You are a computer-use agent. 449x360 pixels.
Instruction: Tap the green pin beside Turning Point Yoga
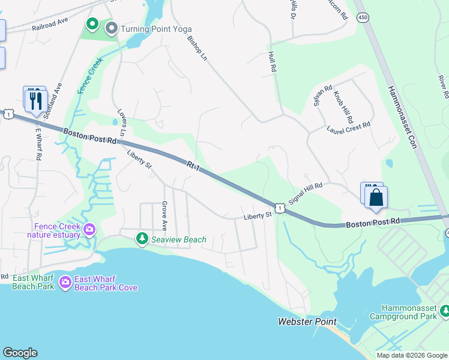point(92,24)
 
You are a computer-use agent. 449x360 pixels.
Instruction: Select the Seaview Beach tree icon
point(142,239)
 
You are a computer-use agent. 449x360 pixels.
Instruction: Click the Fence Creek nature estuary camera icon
point(89,229)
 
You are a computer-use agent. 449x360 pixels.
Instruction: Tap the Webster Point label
point(307,322)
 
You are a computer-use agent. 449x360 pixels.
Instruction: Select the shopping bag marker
point(376,198)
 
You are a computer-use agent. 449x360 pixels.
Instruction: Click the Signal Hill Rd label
point(306,194)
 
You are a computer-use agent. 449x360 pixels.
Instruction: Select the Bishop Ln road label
point(196,49)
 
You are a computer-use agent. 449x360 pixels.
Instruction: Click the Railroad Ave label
point(50,27)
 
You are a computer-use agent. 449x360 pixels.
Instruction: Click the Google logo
point(20,353)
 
